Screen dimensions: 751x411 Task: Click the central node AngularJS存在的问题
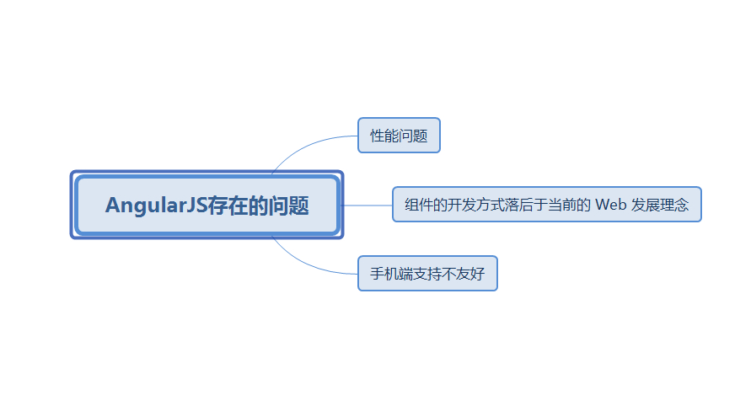point(207,205)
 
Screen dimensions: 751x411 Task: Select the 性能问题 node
point(399,136)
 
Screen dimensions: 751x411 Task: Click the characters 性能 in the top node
point(384,136)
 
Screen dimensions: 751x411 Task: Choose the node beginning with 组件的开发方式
point(546,205)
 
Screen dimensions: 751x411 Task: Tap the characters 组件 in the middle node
point(419,205)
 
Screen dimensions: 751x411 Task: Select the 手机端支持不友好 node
point(427,274)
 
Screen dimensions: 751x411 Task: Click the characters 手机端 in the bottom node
point(392,274)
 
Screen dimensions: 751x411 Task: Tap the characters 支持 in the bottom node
point(428,274)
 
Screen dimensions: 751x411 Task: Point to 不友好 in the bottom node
point(464,274)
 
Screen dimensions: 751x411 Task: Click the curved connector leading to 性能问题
point(303,144)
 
